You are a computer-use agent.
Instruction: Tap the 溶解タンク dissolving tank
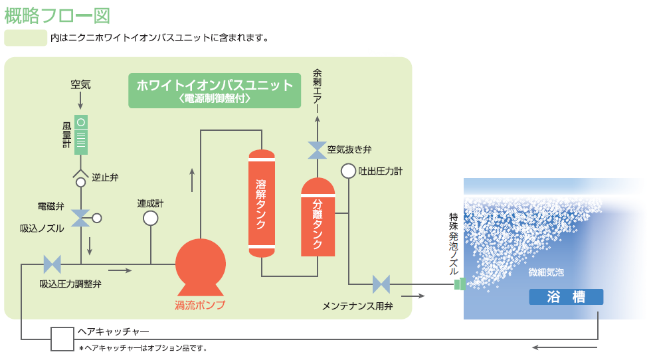click(x=261, y=203)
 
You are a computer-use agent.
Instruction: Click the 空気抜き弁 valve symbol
click(x=318, y=150)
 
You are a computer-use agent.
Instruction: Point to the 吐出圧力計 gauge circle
click(x=349, y=171)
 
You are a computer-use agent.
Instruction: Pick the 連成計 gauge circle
click(x=151, y=218)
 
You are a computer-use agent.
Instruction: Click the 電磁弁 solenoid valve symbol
click(x=81, y=217)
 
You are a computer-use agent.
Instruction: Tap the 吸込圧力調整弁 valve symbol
click(x=52, y=264)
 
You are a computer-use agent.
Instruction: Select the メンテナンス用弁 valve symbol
click(x=381, y=284)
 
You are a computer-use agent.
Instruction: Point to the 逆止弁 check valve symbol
click(x=80, y=179)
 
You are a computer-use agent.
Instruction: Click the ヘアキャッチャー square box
click(x=63, y=339)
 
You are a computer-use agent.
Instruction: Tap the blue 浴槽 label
click(x=566, y=297)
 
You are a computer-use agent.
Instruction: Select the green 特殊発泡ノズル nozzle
click(x=458, y=284)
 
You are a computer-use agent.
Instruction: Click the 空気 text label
click(x=80, y=85)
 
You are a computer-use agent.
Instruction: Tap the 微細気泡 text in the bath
click(x=546, y=273)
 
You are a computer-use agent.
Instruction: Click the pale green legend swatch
click(x=25, y=38)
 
